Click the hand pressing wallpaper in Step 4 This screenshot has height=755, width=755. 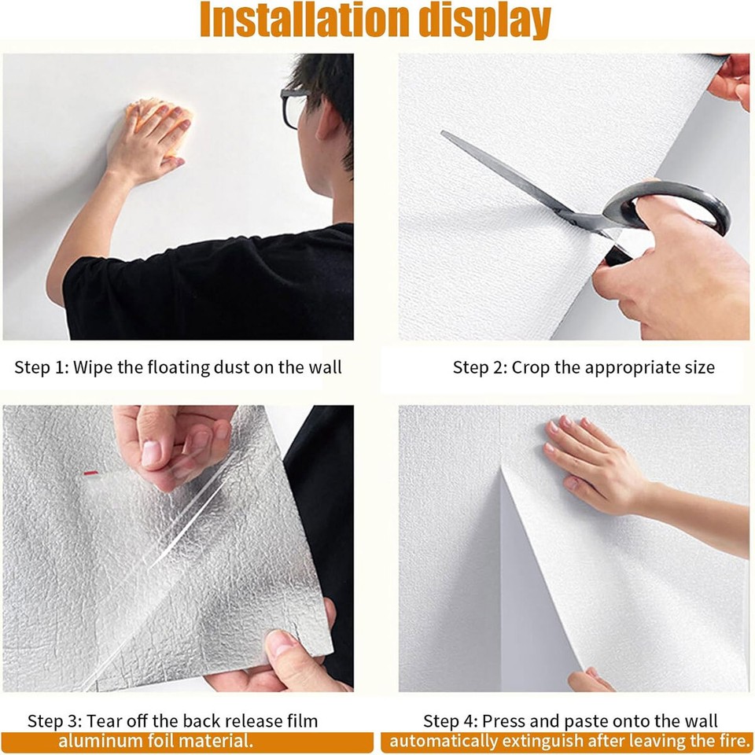(590, 464)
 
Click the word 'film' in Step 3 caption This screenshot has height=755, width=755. (301, 720)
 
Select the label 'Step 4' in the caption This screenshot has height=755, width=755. (448, 720)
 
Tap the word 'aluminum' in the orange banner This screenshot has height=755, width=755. (94, 741)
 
